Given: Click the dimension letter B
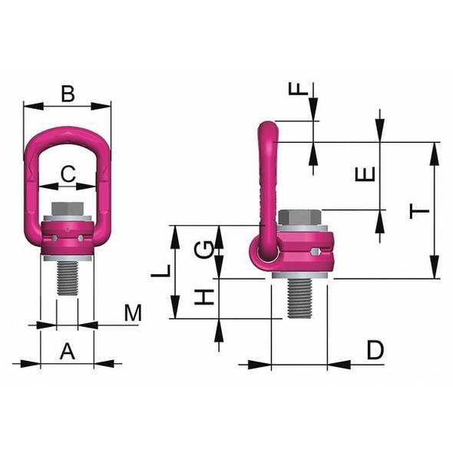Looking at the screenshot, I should (x=68, y=94).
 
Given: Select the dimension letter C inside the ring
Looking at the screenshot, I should (x=68, y=174).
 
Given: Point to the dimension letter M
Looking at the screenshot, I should (x=134, y=313).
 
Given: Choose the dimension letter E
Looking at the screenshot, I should (x=368, y=174).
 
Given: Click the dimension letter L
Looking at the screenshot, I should (x=160, y=270).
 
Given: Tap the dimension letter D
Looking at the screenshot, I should (x=374, y=351).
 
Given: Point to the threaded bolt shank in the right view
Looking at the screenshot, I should (x=299, y=298).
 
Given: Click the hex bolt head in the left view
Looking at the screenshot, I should (x=68, y=209).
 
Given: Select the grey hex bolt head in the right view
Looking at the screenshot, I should (x=299, y=217).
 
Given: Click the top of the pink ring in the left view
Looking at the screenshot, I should (x=68, y=132).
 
